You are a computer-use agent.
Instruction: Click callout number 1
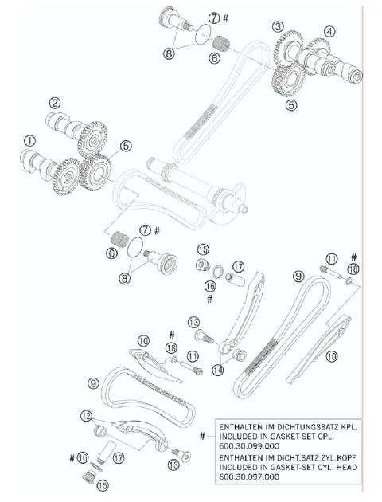[x=29, y=141]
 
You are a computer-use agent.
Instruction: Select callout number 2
[x=54, y=103]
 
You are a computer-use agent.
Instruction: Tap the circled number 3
[x=278, y=27]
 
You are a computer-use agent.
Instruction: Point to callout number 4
[x=329, y=33]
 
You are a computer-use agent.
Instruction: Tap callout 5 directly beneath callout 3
[x=291, y=104]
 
